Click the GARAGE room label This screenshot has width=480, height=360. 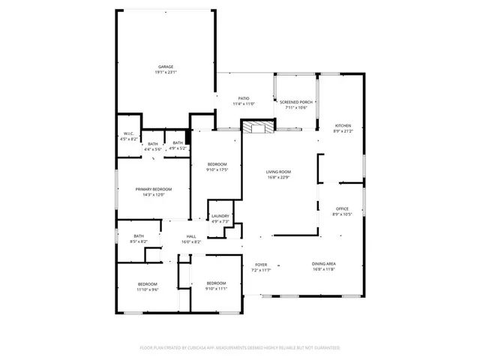(x=165, y=67)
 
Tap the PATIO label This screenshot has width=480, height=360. (x=244, y=98)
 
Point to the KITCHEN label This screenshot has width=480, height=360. (x=343, y=125)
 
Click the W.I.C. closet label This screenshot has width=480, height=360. (x=130, y=133)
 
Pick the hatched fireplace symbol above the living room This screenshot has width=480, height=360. (x=259, y=127)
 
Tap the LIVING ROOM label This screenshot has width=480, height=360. (x=278, y=172)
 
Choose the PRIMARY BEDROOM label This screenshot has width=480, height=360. (x=153, y=189)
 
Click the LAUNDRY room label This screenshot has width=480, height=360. (x=220, y=216)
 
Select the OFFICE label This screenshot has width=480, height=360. (x=343, y=208)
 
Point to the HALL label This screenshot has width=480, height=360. (x=191, y=236)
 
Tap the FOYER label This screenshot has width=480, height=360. (x=261, y=264)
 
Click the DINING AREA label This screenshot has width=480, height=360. (x=324, y=264)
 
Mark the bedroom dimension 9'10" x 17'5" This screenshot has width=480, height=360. (x=217, y=170)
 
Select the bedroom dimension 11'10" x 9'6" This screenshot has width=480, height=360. (x=147, y=289)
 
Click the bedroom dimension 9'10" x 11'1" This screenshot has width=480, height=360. (x=217, y=288)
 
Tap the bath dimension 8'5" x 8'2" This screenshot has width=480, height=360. (x=139, y=241)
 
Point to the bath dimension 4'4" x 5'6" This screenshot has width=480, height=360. (x=153, y=149)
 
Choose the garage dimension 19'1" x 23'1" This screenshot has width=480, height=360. (x=165, y=72)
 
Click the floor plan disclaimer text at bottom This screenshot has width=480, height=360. (x=240, y=348)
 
